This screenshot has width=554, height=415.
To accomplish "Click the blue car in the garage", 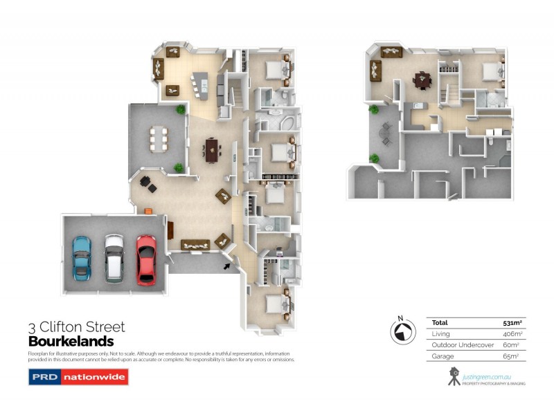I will pyautogui.click(x=82, y=257).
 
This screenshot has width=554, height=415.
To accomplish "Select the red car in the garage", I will pyautogui.click(x=145, y=259).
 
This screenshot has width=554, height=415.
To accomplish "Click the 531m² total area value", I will pyautogui.click(x=512, y=322).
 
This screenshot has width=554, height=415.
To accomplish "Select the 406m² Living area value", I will pyautogui.click(x=512, y=333).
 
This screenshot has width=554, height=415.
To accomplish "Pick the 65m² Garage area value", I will pyautogui.click(x=511, y=356).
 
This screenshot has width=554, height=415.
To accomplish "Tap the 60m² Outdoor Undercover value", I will pyautogui.click(x=512, y=345).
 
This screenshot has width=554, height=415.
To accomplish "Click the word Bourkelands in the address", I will pyautogui.click(x=71, y=341).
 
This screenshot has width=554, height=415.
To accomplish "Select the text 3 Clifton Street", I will pyautogui.click(x=76, y=327).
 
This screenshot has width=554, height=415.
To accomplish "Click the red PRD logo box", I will pyautogui.click(x=44, y=378).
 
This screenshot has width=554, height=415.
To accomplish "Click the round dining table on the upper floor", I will pyautogui.click(x=422, y=80).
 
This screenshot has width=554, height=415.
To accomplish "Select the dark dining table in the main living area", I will pyautogui.click(x=212, y=147).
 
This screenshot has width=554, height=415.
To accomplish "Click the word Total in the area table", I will pyautogui.click(x=440, y=322).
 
